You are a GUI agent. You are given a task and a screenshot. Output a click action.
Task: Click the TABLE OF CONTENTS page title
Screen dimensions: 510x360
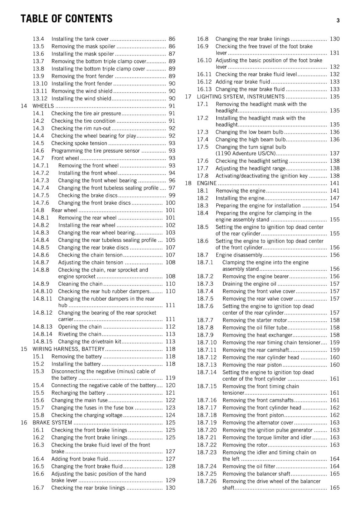pos(66,19)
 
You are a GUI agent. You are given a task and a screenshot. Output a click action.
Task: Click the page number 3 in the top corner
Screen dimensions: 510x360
pos(338,20)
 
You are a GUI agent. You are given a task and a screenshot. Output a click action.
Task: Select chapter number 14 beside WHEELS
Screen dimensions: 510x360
pos(24,106)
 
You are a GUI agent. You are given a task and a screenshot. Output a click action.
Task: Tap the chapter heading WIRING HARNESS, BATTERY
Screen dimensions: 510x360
pos(68,349)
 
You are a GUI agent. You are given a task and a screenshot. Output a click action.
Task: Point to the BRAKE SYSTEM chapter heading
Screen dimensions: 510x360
pos(52,423)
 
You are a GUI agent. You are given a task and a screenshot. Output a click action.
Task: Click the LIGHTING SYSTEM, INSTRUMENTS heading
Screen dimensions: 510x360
pos(241,97)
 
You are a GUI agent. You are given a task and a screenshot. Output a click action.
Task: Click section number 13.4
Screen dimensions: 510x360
pos(38,39)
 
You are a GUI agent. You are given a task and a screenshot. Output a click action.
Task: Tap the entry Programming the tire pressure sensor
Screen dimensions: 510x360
pos(96,151)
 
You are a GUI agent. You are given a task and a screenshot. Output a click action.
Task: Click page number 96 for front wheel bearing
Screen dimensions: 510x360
pos(172,180)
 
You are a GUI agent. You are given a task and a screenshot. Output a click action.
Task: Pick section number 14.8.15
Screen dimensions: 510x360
pos(42,342)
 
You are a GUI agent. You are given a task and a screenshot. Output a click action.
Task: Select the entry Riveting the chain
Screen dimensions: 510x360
pos(80,334)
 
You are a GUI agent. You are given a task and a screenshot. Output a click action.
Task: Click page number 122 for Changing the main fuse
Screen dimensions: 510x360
pos(170,400)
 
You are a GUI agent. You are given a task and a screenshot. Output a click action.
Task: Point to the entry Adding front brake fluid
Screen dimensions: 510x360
pos(80,459)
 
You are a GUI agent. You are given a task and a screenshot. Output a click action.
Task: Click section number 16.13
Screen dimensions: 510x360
pos(204,89)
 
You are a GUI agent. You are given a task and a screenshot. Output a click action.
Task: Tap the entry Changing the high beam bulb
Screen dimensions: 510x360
pos(250,140)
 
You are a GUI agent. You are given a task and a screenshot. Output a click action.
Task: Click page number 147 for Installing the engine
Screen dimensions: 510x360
pos(335,198)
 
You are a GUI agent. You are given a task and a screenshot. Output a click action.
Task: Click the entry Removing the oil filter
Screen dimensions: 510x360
pos(249,466)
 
